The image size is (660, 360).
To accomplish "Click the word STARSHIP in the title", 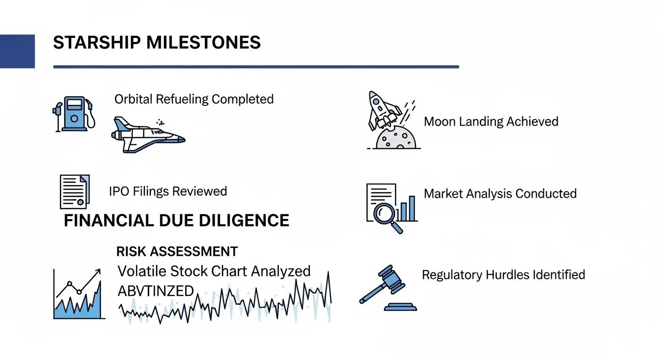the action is pyautogui.click(x=97, y=43).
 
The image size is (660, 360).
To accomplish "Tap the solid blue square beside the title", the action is pyautogui.click(x=17, y=51).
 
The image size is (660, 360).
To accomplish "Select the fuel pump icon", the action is pyautogui.click(x=74, y=114).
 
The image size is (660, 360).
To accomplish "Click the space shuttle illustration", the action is pyautogui.click(x=148, y=135).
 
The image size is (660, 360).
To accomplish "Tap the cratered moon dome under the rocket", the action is pyautogui.click(x=396, y=138).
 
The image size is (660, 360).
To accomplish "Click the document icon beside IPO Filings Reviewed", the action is pyautogui.click(x=75, y=192).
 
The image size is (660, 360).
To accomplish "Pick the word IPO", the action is pyautogui.click(x=120, y=192).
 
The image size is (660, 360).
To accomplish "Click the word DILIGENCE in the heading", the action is pyautogui.click(x=244, y=220).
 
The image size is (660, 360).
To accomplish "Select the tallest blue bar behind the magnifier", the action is pyautogui.click(x=412, y=208).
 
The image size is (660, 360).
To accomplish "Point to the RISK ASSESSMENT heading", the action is pyautogui.click(x=177, y=252).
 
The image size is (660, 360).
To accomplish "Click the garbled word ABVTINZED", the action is pyautogui.click(x=156, y=291).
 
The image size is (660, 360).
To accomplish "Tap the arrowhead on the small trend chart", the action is pyautogui.click(x=97, y=271).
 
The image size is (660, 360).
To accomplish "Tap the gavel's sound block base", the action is pyautogui.click(x=400, y=307).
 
